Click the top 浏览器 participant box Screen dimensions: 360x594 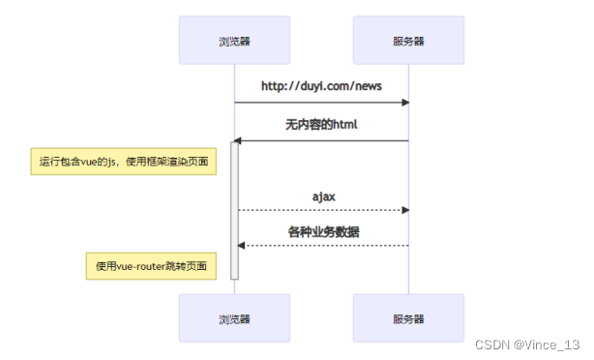click(x=234, y=41)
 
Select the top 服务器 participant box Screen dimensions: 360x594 click(x=407, y=41)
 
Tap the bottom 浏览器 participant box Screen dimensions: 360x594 click(x=234, y=318)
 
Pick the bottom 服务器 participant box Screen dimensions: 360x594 click(x=407, y=318)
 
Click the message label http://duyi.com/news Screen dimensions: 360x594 click(x=321, y=86)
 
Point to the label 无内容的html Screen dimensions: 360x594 click(x=321, y=125)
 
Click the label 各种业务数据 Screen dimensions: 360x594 click(x=322, y=232)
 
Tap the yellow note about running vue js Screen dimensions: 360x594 click(x=121, y=162)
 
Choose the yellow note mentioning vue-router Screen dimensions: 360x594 click(x=151, y=265)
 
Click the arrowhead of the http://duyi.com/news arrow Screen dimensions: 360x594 click(x=405, y=103)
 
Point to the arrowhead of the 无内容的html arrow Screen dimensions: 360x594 click(x=238, y=141)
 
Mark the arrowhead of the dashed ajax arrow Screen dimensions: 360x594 click(x=405, y=210)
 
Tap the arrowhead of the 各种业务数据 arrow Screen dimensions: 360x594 click(x=242, y=246)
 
